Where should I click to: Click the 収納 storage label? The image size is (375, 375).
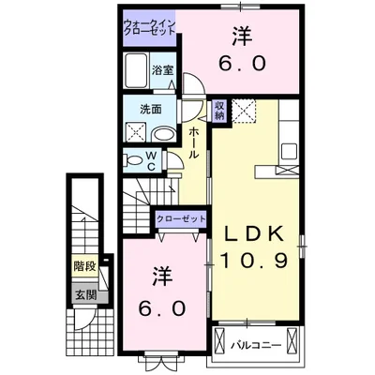pos(218,110)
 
